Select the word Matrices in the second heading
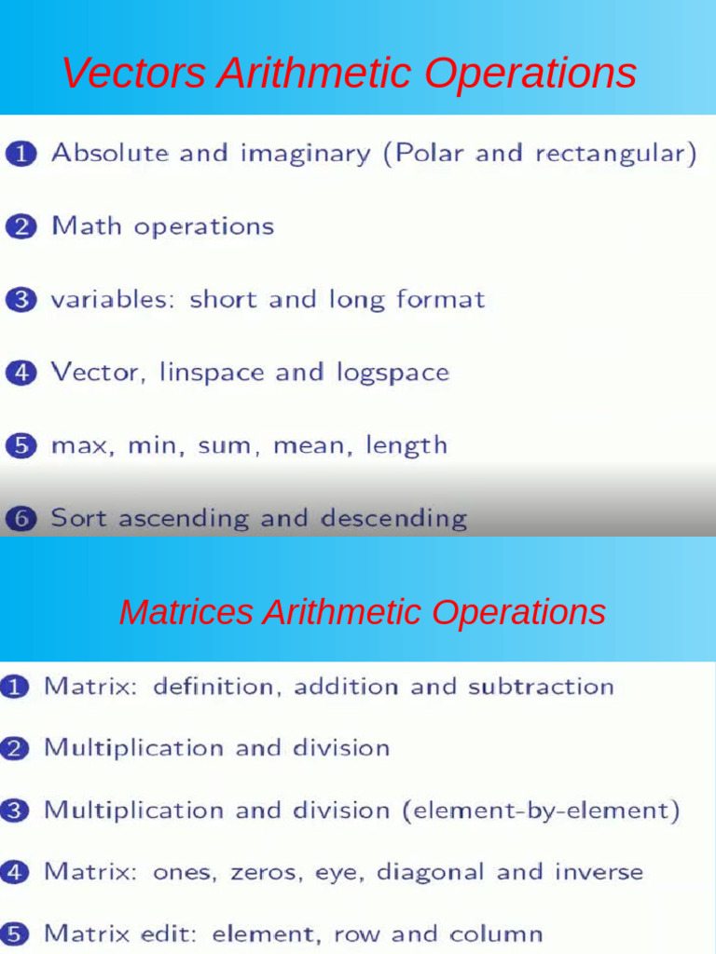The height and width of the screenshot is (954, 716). point(186,612)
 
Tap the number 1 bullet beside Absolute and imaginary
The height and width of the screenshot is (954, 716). point(20,154)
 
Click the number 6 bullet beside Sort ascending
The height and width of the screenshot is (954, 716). point(20,519)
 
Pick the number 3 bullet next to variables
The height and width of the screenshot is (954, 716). point(20,300)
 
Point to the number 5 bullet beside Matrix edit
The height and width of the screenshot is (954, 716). point(13,934)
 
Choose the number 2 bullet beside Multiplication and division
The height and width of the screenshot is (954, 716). point(13,748)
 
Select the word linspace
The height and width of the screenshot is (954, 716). point(212,373)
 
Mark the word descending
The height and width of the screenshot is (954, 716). point(393,518)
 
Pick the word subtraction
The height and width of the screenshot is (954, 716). point(541,687)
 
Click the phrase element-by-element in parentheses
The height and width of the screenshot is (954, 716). point(541,811)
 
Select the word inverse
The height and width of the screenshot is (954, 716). point(599,873)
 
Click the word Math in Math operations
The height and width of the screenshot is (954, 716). point(86,226)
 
